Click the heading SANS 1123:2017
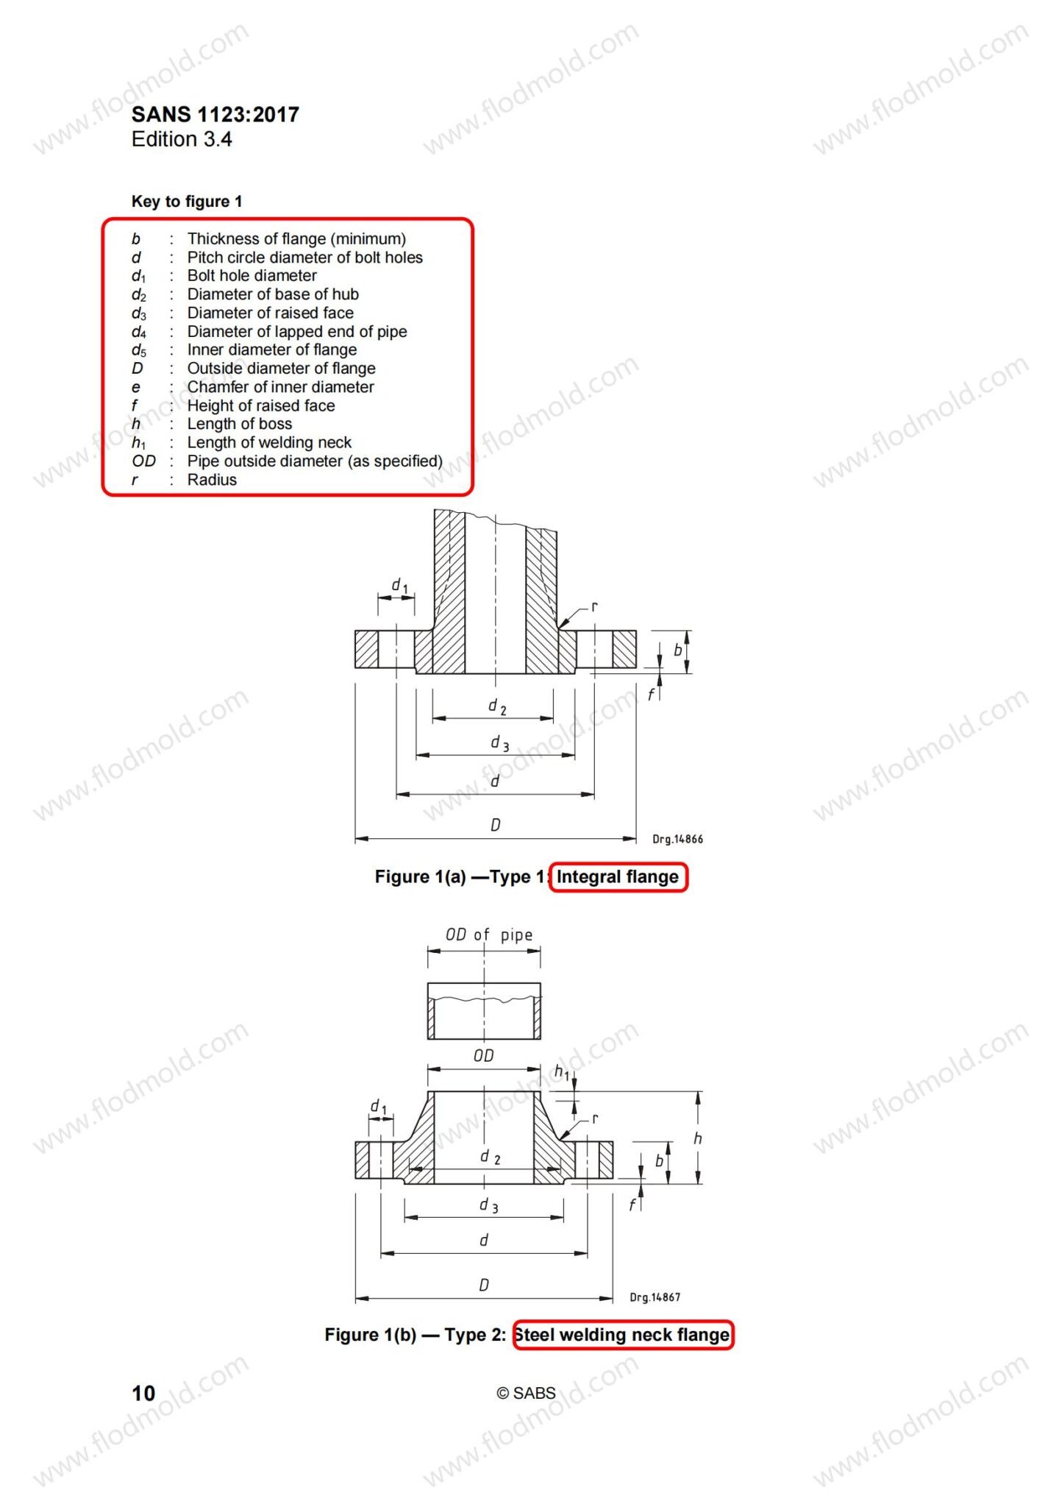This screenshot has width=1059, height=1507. click(215, 115)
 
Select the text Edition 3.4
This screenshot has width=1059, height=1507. click(182, 139)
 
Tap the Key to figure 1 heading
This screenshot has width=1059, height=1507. click(187, 202)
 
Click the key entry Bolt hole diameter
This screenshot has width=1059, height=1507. click(252, 275)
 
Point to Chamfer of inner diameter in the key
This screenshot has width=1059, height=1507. click(281, 387)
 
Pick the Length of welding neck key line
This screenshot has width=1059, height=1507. click(269, 442)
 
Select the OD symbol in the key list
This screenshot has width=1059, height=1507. click(144, 461)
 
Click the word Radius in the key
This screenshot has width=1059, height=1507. click(213, 480)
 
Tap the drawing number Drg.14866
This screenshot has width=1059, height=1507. click(678, 839)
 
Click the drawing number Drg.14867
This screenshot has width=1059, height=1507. click(655, 1297)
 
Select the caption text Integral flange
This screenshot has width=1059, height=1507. click(618, 876)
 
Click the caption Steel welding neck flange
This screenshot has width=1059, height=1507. click(622, 1335)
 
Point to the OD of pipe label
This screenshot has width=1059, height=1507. click(489, 935)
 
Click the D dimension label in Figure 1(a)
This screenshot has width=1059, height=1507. click(495, 825)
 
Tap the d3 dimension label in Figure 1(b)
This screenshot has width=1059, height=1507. click(488, 1205)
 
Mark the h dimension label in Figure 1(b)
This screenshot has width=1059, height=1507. click(697, 1138)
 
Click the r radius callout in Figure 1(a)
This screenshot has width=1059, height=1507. click(594, 607)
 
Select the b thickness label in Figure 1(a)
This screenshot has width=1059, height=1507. click(677, 650)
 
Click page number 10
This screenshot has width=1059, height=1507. click(143, 1393)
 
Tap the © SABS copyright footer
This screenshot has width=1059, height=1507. click(526, 1393)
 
